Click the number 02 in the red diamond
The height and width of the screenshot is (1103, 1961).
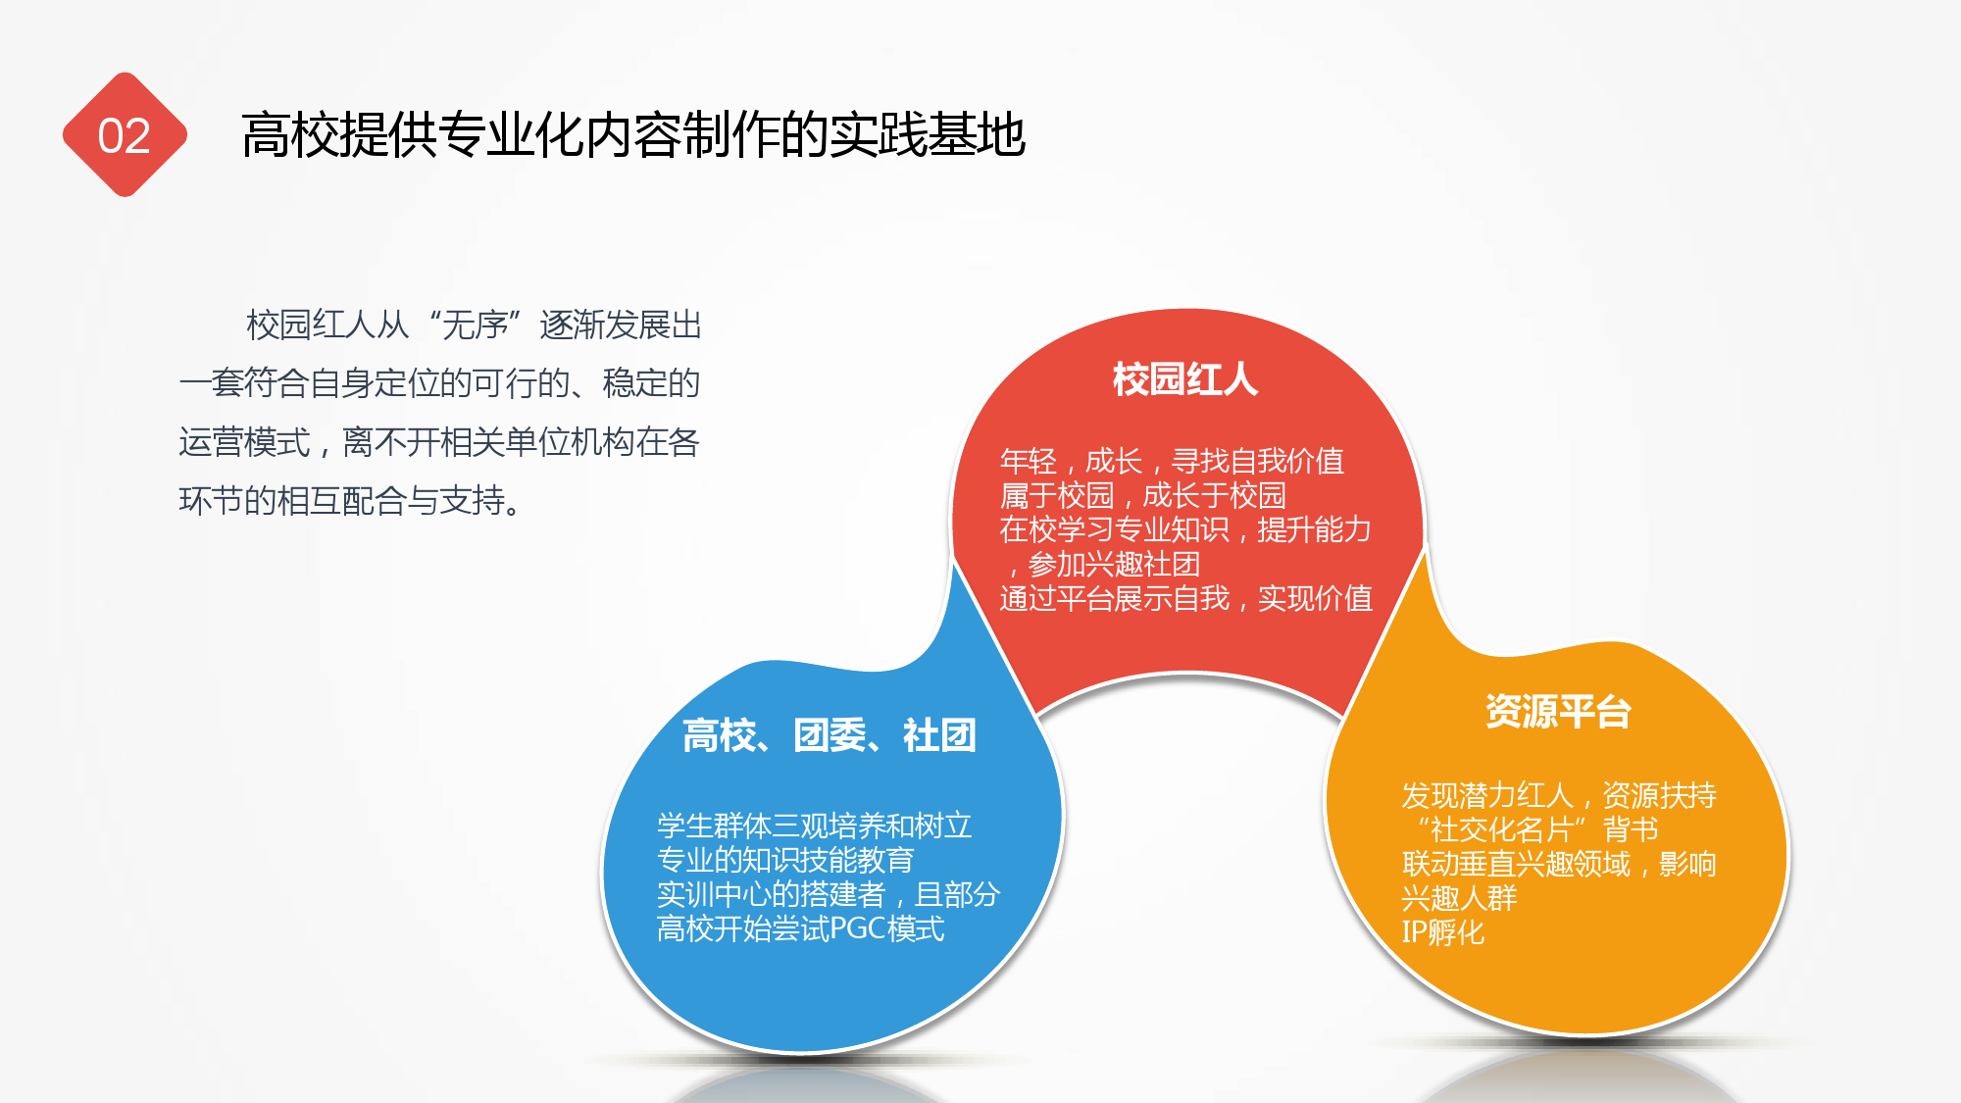[x=125, y=135]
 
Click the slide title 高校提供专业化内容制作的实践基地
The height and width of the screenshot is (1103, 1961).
[x=633, y=134]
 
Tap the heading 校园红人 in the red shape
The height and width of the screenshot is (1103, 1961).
[x=1185, y=378]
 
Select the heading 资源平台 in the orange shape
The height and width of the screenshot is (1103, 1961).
[x=1558, y=711]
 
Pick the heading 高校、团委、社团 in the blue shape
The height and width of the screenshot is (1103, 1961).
[x=830, y=734]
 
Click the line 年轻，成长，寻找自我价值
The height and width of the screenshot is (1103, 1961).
[x=1172, y=460]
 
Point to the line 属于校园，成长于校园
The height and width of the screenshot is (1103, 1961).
[x=1142, y=494]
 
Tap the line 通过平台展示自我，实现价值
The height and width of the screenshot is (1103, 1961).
[x=1185, y=597]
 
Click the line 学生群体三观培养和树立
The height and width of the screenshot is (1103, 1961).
[x=814, y=825]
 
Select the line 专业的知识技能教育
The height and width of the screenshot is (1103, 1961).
[x=785, y=859]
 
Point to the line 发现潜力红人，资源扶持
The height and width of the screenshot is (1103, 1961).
[x=1559, y=794]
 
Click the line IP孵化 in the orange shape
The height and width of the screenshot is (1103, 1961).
[x=1443, y=931]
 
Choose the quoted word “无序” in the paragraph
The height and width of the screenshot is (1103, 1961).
[x=475, y=325]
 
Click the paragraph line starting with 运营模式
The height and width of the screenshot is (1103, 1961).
[x=439, y=442]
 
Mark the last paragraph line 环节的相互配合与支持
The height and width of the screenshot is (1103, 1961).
[x=351, y=501]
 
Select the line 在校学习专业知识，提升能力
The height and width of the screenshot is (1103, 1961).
[x=1185, y=528]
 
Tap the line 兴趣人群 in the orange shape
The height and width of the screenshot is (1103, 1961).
[x=1459, y=897]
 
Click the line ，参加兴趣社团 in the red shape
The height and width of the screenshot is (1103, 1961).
[x=1101, y=563]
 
